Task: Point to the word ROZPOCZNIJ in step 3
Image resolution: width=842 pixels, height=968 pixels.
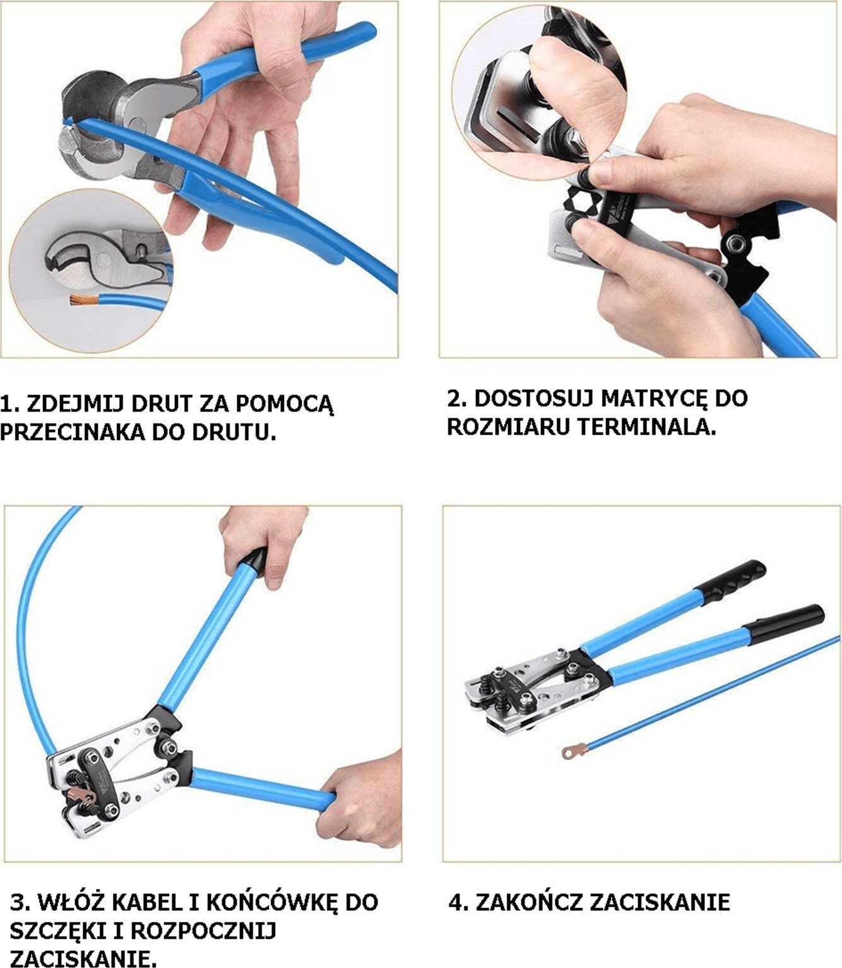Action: pos(203,931)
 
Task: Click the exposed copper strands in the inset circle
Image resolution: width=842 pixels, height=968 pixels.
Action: pos(81,299)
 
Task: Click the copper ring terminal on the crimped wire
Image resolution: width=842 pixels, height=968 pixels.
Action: pos(574,750)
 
